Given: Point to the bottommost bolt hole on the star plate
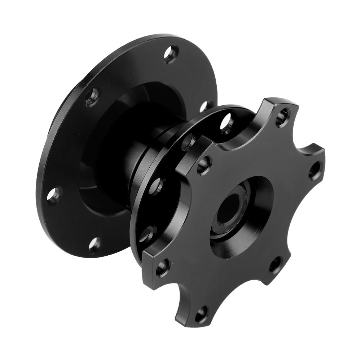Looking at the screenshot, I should point(201,314).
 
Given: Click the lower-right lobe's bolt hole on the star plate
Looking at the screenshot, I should point(276,265).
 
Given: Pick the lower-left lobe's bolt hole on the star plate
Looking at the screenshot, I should point(163,267).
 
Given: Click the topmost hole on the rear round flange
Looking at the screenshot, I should point(171,54).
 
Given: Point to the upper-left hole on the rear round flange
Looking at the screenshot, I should point(92,97).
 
